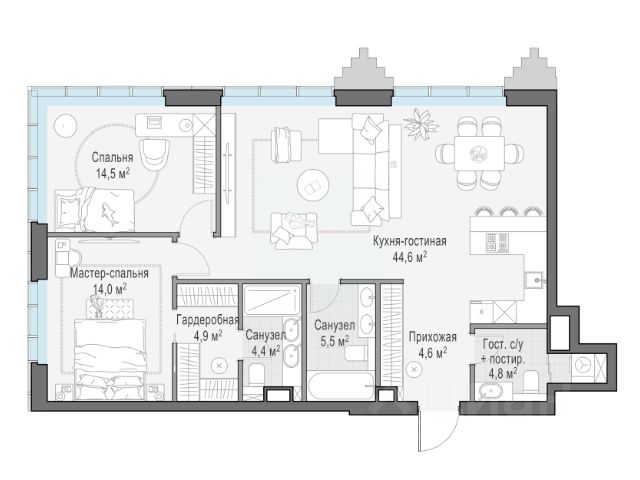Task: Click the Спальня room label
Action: [x=112, y=157]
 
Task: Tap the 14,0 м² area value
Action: [x=110, y=289]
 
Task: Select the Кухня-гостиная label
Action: [x=409, y=241]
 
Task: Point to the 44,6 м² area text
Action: [x=410, y=257]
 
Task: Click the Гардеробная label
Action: [x=207, y=320]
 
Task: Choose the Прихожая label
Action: [x=433, y=337]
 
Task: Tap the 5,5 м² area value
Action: [x=334, y=341]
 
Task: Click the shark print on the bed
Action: [x=109, y=213]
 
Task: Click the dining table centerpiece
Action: [x=479, y=153]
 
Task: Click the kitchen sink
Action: [x=534, y=279]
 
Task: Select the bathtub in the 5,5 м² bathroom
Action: [x=340, y=386]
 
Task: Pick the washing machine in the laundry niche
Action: [x=582, y=364]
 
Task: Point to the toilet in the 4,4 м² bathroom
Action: [x=257, y=374]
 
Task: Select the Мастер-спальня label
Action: [x=109, y=273]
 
